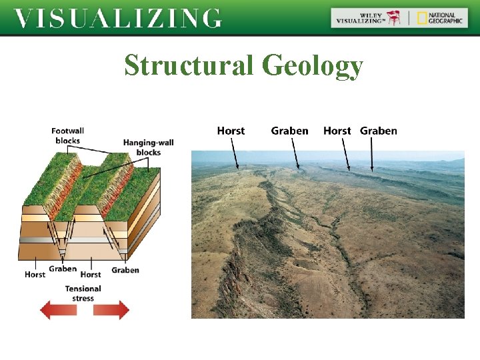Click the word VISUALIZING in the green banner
point(117,18)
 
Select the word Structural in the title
point(189,65)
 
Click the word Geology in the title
point(312,66)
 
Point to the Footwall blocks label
point(67,136)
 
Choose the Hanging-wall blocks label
point(148,147)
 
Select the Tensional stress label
point(83,293)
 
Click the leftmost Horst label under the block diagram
point(35,275)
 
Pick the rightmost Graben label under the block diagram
point(125,270)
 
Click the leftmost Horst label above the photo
point(231,131)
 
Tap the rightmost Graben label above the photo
point(379,131)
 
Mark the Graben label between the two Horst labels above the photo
point(289,131)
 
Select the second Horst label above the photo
point(337,131)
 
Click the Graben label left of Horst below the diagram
point(63,269)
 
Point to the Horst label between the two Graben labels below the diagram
point(91,275)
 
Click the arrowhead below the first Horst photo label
point(239,167)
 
